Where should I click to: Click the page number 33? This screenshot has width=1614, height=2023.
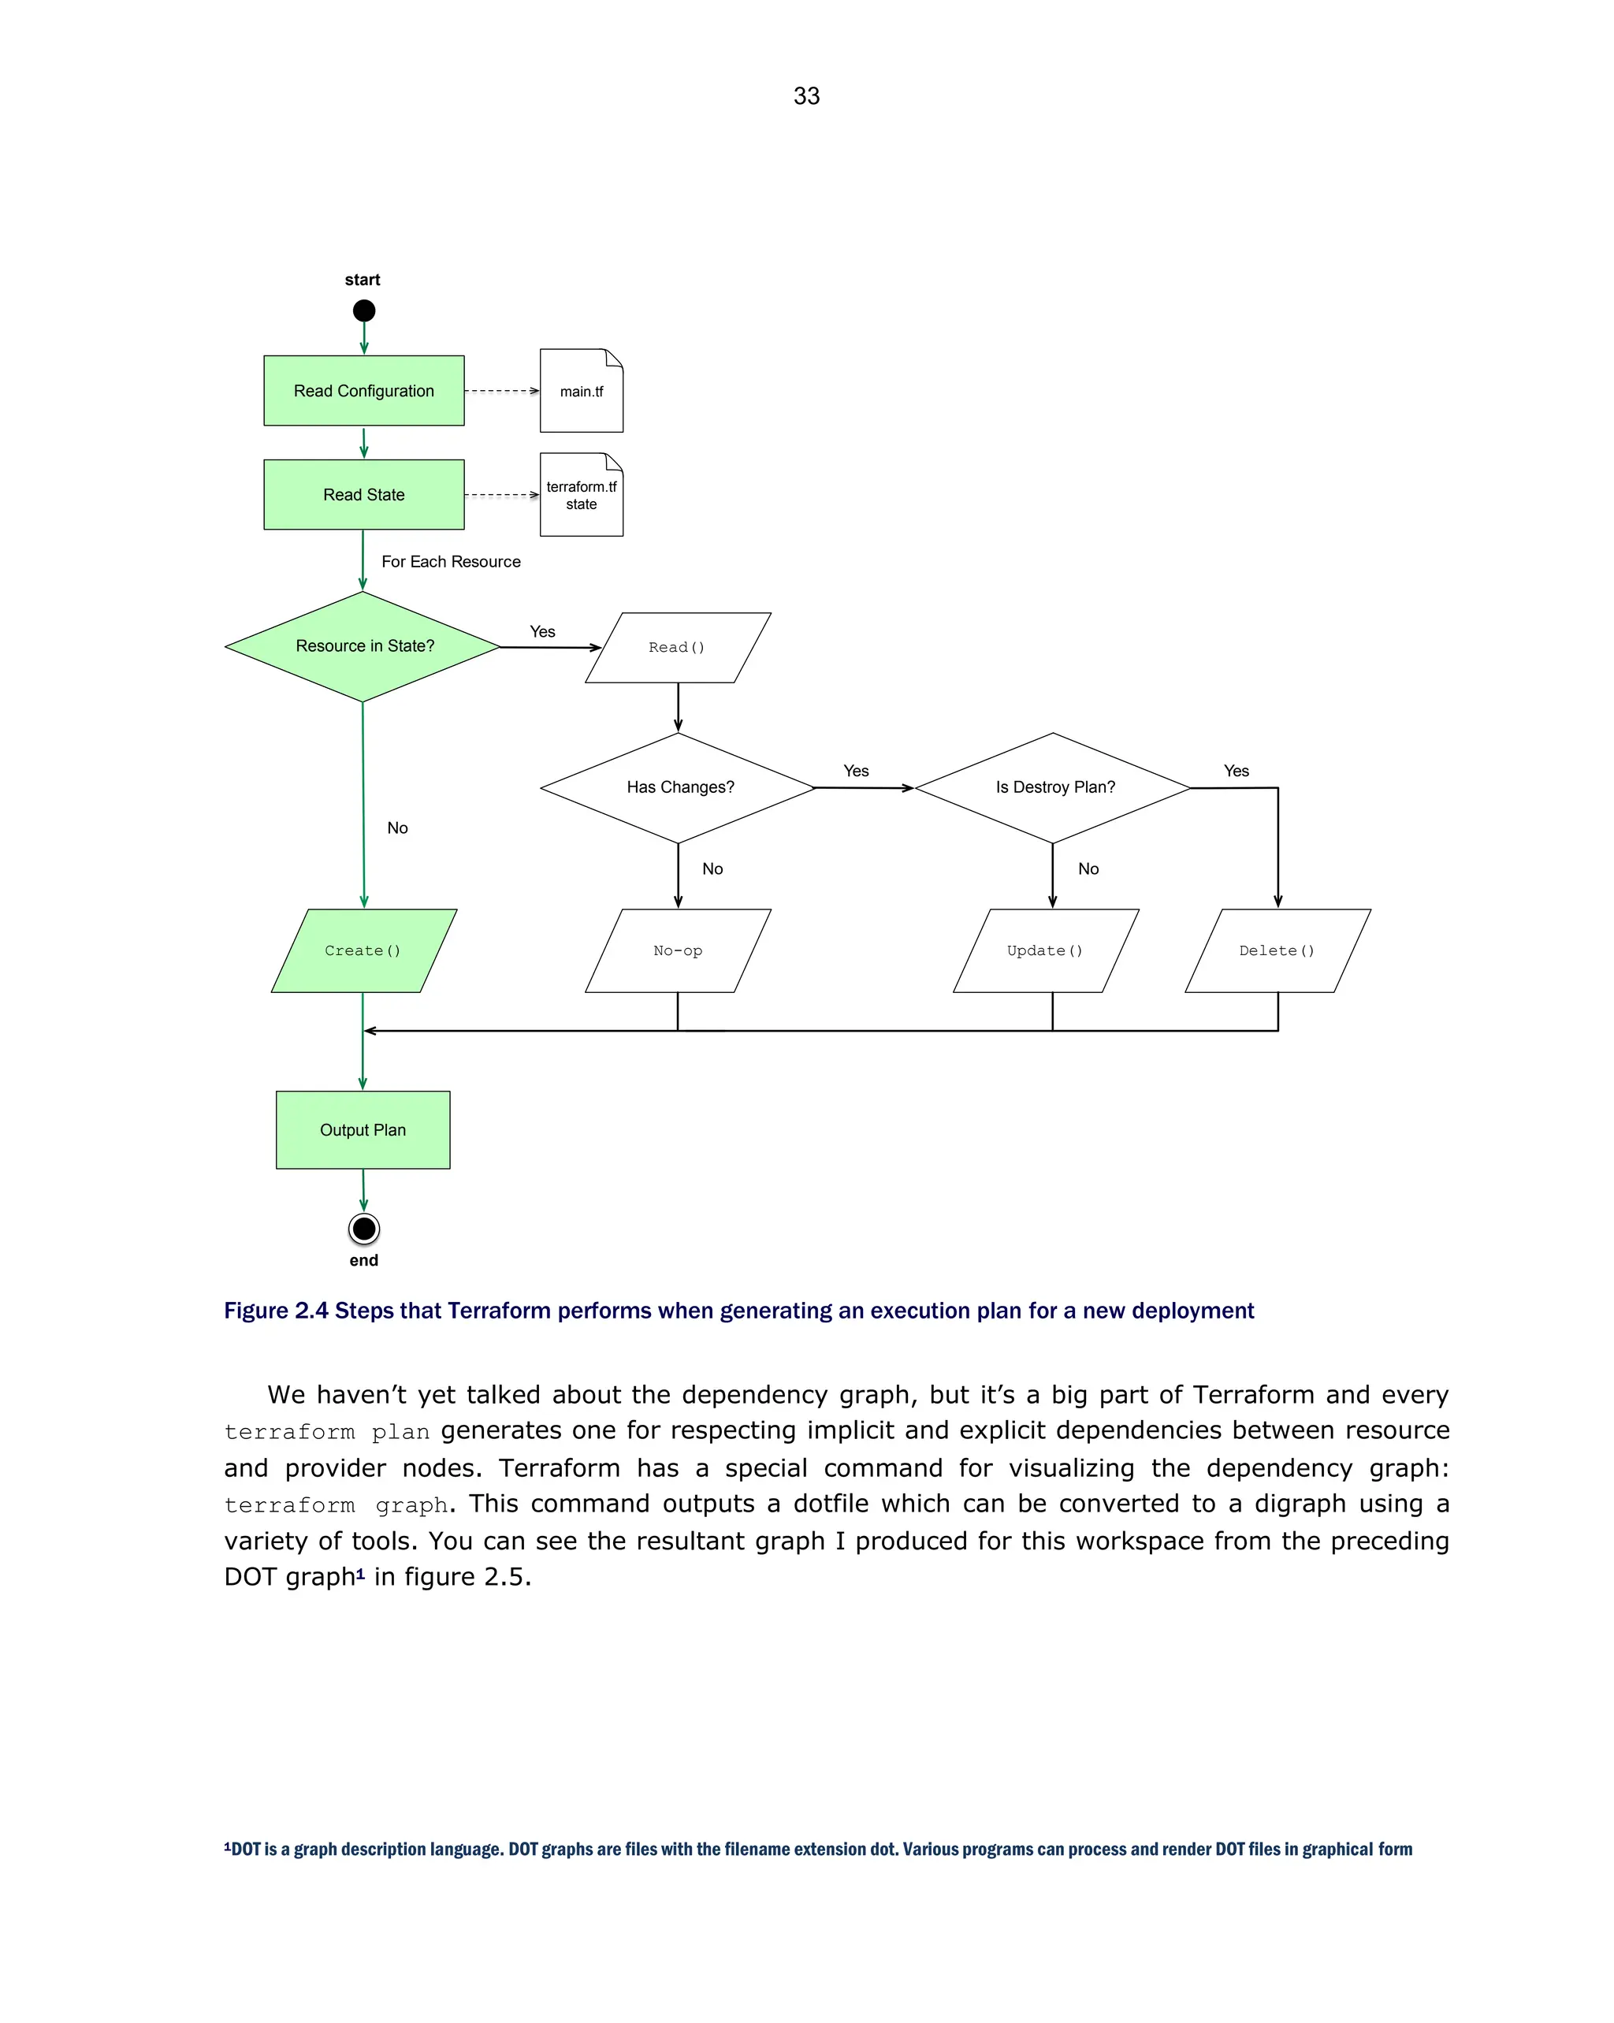click(x=806, y=95)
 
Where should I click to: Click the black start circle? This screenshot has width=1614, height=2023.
click(x=364, y=311)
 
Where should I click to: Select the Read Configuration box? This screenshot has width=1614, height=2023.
click(x=364, y=390)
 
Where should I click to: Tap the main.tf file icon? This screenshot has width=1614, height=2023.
click(x=581, y=391)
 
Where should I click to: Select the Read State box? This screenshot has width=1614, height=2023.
click(x=364, y=494)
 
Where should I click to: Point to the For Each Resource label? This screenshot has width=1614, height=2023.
click(x=451, y=561)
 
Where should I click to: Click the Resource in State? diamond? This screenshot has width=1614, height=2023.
click(x=364, y=645)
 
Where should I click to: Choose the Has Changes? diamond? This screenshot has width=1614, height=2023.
click(x=679, y=787)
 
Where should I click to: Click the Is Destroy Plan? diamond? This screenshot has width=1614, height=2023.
click(x=1054, y=787)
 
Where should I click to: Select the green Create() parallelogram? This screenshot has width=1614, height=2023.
click(x=363, y=950)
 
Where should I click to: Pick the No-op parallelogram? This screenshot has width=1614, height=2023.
click(x=678, y=950)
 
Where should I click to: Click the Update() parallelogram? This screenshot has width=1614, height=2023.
click(x=1045, y=950)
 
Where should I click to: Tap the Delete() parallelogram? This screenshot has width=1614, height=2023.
click(x=1277, y=950)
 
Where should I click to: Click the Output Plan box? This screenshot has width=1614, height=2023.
click(x=363, y=1130)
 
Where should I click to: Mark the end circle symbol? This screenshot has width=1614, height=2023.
click(x=364, y=1229)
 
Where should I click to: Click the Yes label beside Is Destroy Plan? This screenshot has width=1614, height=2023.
click(x=1236, y=771)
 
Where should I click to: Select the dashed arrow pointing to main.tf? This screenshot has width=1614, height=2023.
click(x=501, y=391)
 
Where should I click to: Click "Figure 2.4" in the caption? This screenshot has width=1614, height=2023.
click(x=276, y=1310)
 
